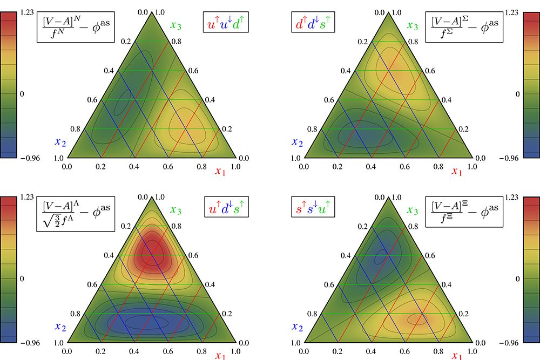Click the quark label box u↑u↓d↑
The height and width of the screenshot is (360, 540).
coord(222,25)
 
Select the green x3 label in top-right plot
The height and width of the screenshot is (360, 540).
coord(412,25)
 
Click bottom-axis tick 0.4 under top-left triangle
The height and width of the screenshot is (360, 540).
coord(134,167)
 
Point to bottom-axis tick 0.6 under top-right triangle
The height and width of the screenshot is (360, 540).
coord(404,167)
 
